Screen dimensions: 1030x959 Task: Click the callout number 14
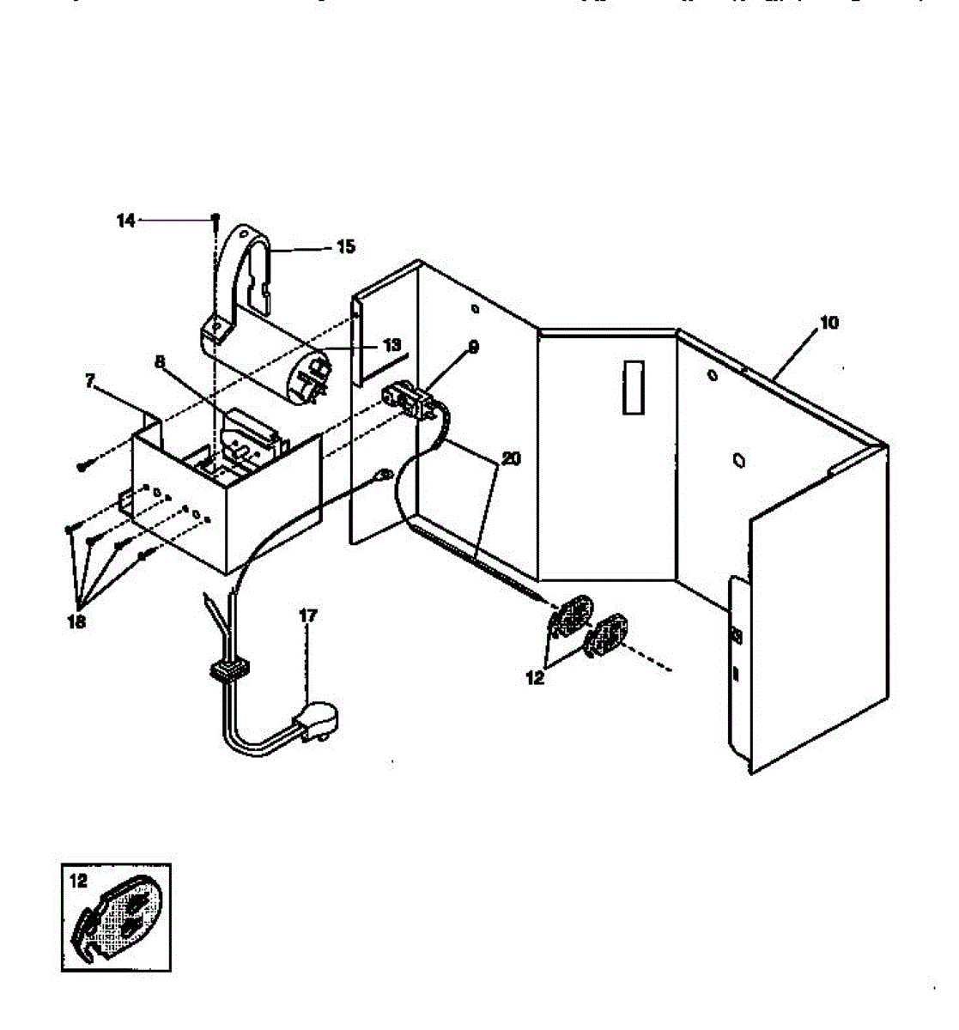[x=126, y=221]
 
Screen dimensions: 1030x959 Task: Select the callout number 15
[x=345, y=247]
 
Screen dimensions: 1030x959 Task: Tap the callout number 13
[x=391, y=345]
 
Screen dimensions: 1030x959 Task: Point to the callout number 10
[x=829, y=323]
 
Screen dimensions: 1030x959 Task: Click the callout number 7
[x=90, y=382]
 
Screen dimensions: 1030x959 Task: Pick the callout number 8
[x=159, y=361]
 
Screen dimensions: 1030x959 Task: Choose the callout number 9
[x=473, y=347]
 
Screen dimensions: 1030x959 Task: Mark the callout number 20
[x=510, y=459]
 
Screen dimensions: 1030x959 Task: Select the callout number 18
[x=76, y=622]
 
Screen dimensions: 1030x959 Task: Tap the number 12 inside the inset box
[x=78, y=881]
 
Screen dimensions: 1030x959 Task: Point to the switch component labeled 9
[x=405, y=399]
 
